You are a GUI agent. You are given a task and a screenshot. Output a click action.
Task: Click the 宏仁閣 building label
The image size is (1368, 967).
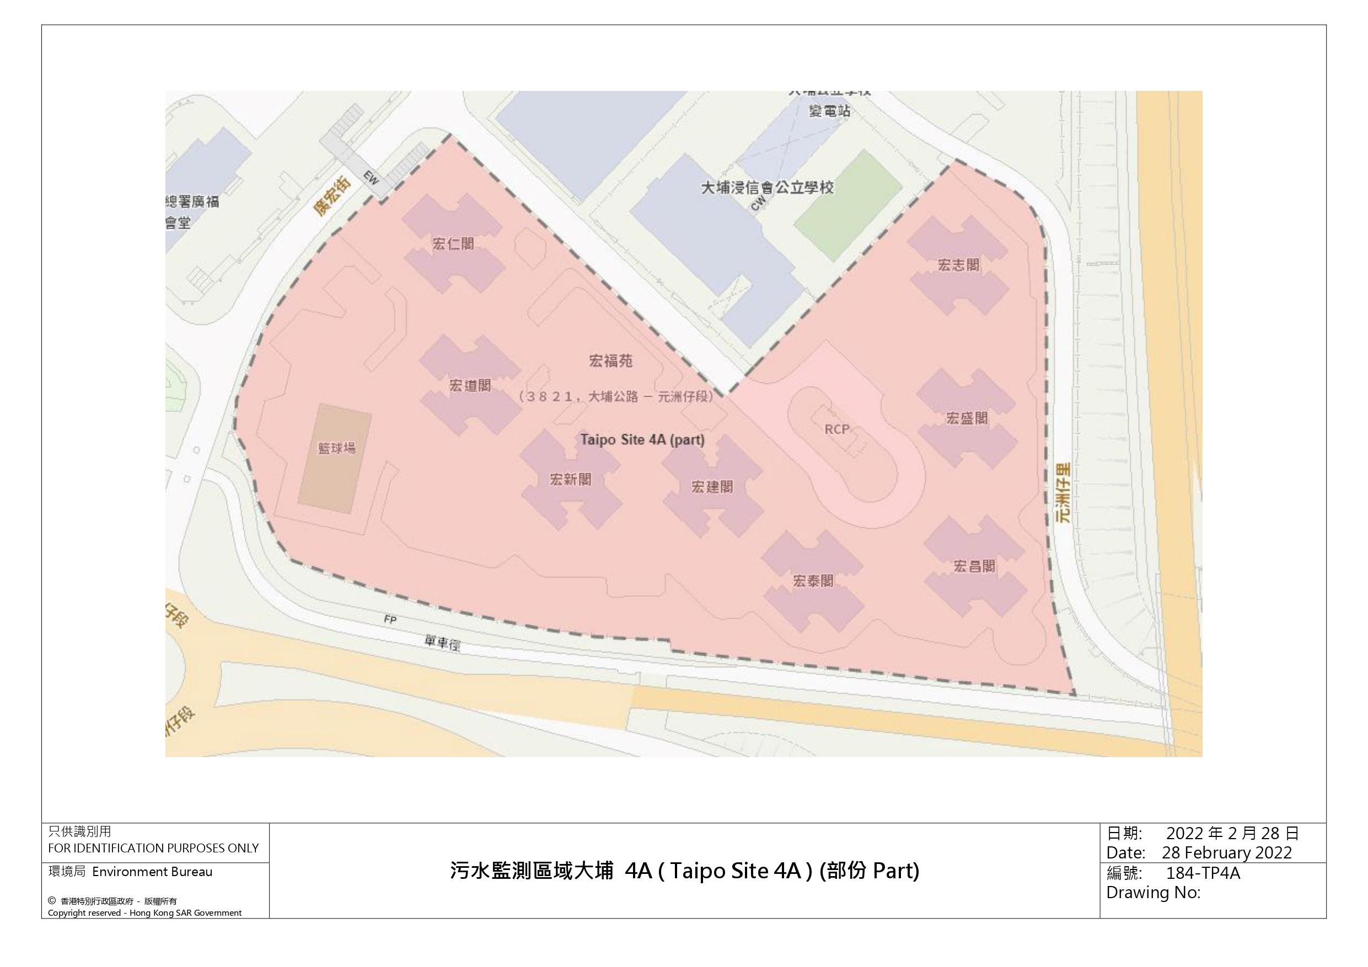pos(453,244)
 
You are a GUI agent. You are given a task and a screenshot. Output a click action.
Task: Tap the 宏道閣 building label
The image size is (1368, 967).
pos(470,385)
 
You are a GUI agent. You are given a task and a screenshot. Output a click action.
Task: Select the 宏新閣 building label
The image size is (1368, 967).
pos(571,479)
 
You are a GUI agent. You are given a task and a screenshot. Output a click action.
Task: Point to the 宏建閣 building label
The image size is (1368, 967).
pos(712,487)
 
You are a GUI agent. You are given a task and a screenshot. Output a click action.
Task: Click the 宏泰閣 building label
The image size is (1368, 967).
pos(813,581)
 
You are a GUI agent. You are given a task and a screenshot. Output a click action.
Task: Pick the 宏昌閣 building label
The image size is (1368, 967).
pos(974,566)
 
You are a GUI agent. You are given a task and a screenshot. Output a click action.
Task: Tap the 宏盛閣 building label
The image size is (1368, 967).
pos(967,418)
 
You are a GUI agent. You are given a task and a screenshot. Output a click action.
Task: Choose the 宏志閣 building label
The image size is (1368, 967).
pos(959,265)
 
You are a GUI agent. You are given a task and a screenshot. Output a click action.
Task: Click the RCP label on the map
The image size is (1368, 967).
pos(837,429)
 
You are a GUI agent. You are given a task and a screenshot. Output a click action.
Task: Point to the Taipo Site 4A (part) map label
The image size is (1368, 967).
pos(643,440)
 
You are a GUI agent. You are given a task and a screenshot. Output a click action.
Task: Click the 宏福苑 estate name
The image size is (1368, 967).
pos(611,361)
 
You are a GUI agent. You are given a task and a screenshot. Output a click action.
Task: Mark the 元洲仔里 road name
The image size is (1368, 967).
pos(1063,493)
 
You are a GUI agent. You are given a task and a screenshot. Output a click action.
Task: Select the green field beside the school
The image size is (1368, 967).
pos(848,206)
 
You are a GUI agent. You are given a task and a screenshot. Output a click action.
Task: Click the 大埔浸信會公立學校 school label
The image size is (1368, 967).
pos(768,187)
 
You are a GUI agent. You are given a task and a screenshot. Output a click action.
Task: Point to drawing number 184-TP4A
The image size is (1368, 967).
pos(1203,873)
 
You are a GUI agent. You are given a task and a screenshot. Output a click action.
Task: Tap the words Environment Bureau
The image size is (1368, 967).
pos(152,872)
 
